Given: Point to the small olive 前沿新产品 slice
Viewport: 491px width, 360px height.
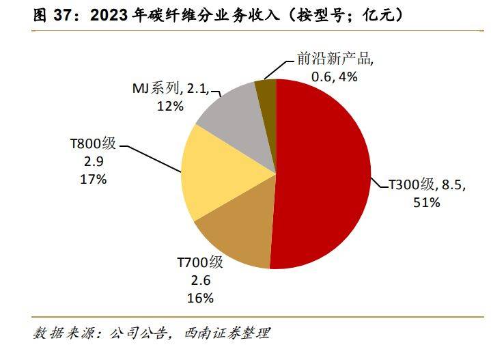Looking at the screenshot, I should tap(265, 92).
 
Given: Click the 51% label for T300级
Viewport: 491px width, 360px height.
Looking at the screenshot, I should tap(427, 202).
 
